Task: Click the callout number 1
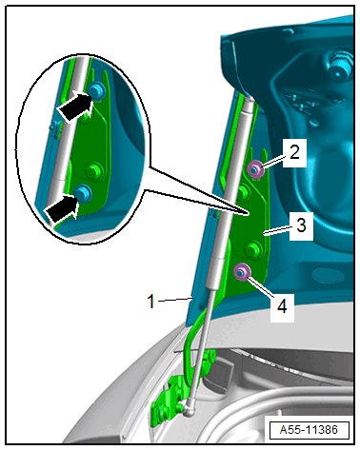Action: (151, 301)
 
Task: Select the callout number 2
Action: (294, 152)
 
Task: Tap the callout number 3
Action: (301, 225)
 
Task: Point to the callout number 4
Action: (282, 306)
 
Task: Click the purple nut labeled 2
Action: (255, 169)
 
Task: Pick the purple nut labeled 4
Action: (242, 272)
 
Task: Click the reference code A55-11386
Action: (309, 430)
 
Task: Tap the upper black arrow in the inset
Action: (75, 106)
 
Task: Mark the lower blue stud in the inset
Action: (84, 192)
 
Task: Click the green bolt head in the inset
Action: (94, 170)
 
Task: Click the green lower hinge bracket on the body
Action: (168, 397)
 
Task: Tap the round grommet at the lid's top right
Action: (340, 68)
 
